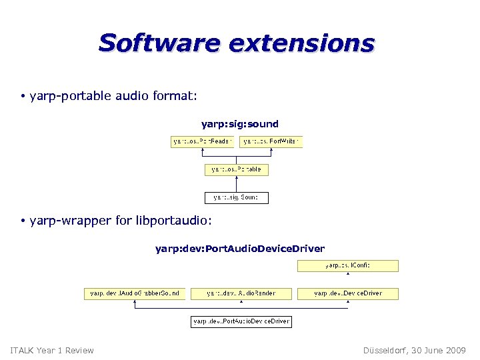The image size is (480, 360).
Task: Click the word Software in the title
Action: coord(159,43)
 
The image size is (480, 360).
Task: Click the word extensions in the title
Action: coord(301,43)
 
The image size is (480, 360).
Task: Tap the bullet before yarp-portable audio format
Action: coord(22,97)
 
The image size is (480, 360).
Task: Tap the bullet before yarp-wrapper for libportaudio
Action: coord(22,221)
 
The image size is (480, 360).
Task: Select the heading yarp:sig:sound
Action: coord(239,124)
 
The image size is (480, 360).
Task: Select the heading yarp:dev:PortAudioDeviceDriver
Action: coord(239,249)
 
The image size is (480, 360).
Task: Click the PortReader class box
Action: coord(202,141)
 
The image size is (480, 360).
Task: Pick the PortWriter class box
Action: coord(271,141)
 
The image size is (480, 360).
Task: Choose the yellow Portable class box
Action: coord(236,169)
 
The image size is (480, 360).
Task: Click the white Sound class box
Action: coord(236,197)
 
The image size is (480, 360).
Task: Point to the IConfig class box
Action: coord(347,266)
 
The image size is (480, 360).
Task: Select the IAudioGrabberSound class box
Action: coord(134,293)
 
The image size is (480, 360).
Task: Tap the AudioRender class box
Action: coord(241,293)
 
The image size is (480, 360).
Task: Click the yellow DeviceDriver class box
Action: coord(347,293)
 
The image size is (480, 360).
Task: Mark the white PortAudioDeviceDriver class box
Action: coord(241,321)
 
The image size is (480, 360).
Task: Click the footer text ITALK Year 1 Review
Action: coord(52,350)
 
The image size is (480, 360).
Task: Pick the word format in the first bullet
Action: coord(175,97)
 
